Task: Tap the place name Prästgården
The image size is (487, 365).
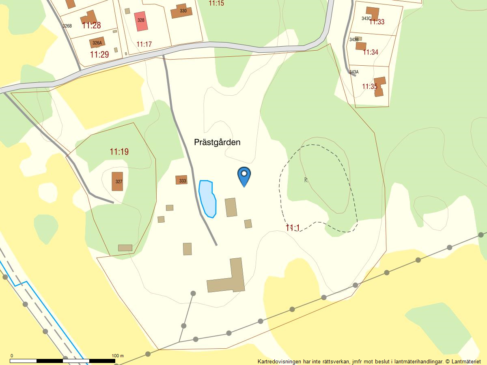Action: [217, 142]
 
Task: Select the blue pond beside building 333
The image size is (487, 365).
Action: [207, 199]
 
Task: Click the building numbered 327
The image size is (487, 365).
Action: [117, 181]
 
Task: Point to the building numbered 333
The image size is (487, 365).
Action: [181, 180]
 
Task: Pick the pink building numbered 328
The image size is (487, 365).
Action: [141, 21]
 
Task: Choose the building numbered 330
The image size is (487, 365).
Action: [181, 11]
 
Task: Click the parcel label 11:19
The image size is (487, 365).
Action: [119, 152]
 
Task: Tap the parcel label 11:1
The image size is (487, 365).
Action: [292, 228]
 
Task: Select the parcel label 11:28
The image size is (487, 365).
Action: [91, 26]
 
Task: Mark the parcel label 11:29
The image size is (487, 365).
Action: [99, 54]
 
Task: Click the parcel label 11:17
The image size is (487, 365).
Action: [144, 44]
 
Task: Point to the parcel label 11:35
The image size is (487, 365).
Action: [370, 86]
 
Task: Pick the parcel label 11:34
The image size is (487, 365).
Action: [371, 52]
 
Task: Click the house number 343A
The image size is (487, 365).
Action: [354, 72]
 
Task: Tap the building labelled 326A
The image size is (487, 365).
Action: [97, 42]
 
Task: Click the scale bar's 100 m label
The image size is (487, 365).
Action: [118, 356]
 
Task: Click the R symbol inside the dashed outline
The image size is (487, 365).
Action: [306, 180]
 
